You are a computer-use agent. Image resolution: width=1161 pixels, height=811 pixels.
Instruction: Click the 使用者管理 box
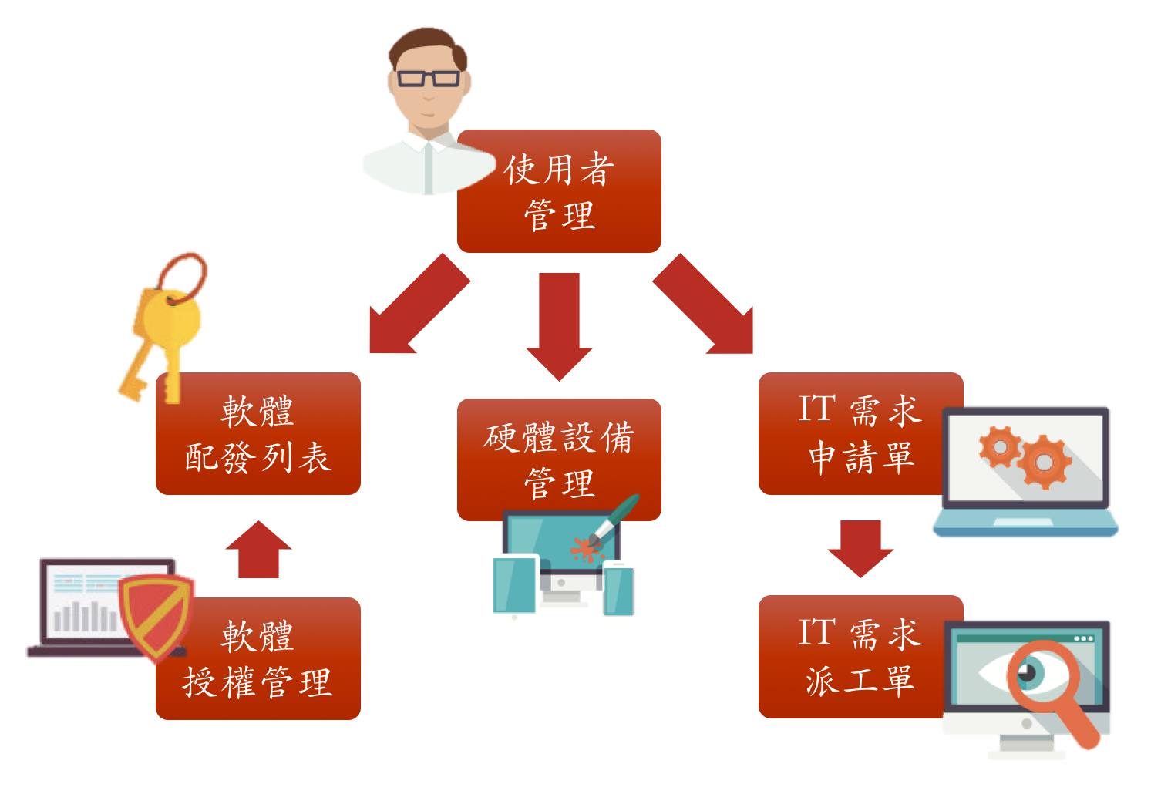point(559,191)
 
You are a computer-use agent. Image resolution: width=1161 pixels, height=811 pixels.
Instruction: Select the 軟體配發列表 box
point(257,433)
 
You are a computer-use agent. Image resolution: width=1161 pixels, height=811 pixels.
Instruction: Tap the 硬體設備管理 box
point(559,459)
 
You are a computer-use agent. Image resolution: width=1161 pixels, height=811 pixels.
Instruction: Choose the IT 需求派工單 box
point(852,657)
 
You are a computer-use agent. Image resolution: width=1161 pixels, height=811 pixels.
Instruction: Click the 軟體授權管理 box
point(257,659)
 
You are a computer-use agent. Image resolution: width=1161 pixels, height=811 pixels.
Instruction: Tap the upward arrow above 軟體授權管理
point(258,550)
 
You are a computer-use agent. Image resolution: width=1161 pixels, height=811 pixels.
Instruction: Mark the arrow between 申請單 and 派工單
point(860,548)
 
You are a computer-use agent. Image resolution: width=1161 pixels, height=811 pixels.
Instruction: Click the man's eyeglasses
point(428,78)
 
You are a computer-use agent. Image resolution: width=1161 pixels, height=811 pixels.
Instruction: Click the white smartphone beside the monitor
point(619,591)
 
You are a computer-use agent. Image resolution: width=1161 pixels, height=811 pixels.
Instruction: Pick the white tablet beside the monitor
point(514,587)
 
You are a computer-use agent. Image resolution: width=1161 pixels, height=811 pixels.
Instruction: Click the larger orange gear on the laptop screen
point(1044,462)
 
